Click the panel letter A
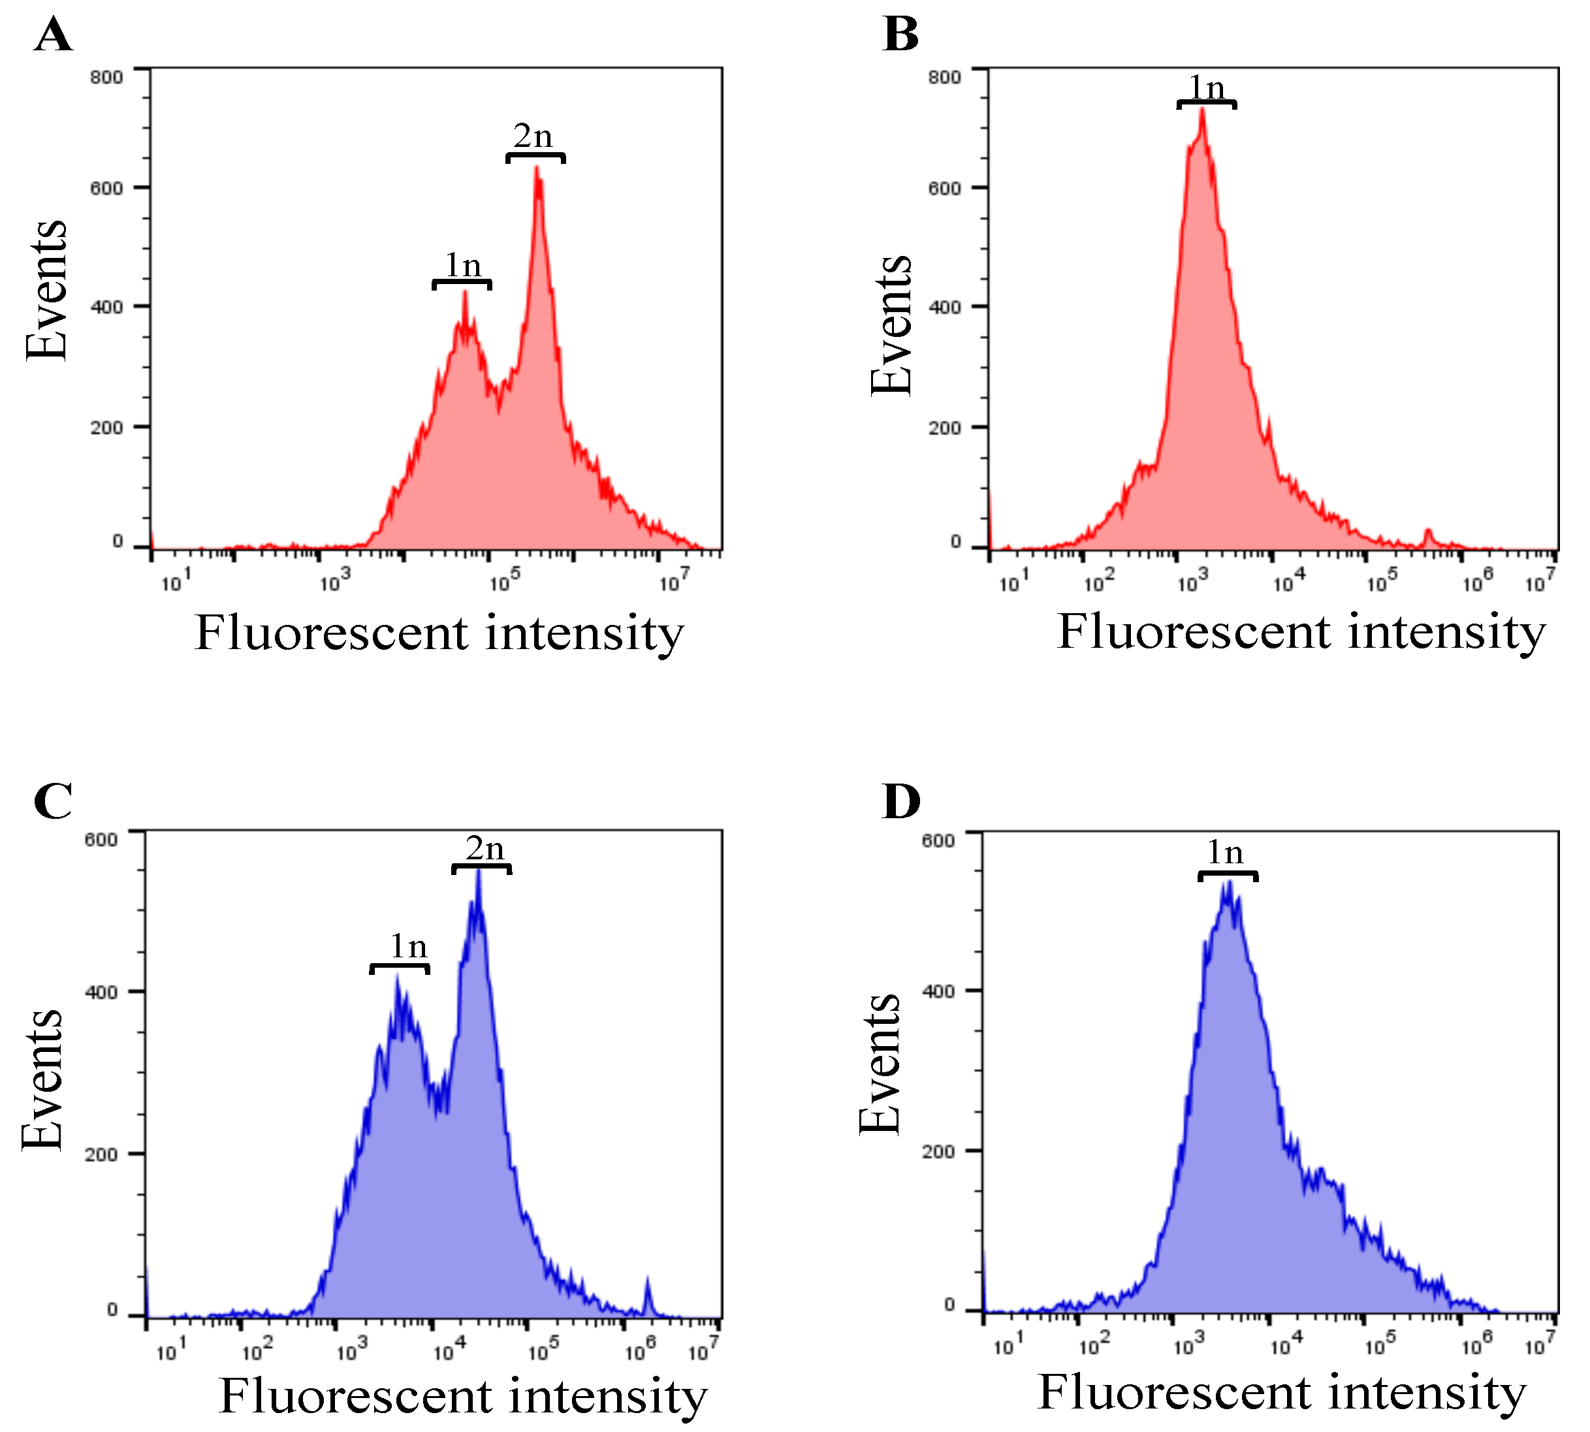(54, 36)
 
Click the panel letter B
(901, 36)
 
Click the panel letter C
(54, 802)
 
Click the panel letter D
(902, 802)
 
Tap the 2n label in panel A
(533, 137)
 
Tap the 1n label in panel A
(462, 265)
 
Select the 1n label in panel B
(1206, 88)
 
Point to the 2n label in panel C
(485, 848)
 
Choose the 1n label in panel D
(1225, 852)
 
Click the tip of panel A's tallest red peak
(537, 168)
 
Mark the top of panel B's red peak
(1202, 109)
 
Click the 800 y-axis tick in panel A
(106, 77)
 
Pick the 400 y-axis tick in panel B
(944, 307)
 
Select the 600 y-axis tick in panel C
(101, 840)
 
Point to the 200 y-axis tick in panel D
(938, 1152)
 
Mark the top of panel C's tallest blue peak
(479, 872)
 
